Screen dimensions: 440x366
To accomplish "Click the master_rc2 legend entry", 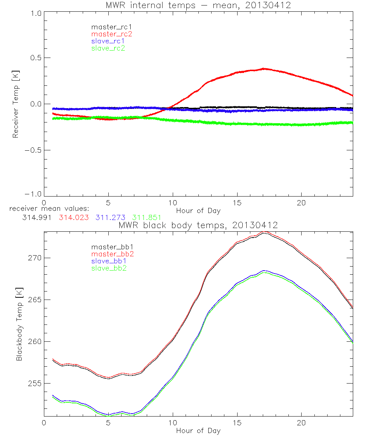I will (112, 34).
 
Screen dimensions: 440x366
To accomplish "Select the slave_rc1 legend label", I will (108, 41).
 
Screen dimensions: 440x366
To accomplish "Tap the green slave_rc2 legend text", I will (108, 48).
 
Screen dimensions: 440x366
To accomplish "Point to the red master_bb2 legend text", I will (112, 254).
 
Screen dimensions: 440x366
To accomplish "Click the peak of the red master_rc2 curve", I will (264, 69).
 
